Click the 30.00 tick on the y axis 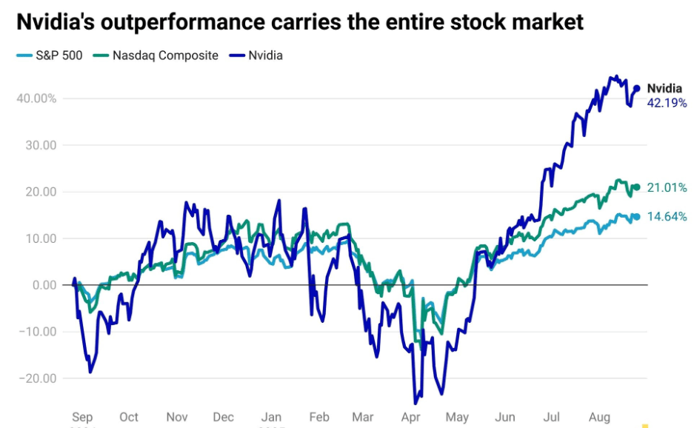(x=41, y=145)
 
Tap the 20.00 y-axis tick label (x=41, y=192)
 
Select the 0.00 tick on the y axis (x=44, y=285)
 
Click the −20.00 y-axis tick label (x=39, y=378)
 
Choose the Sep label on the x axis (x=82, y=417)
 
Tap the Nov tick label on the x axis (x=177, y=417)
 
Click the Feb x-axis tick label (x=319, y=417)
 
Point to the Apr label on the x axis (x=411, y=417)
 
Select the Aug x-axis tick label (x=601, y=417)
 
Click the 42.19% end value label (x=667, y=103)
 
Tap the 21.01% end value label (x=667, y=188)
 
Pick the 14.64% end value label (x=667, y=217)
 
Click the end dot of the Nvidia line (x=636, y=88)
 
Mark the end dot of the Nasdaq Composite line (x=636, y=187)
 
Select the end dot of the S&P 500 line (x=636, y=217)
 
